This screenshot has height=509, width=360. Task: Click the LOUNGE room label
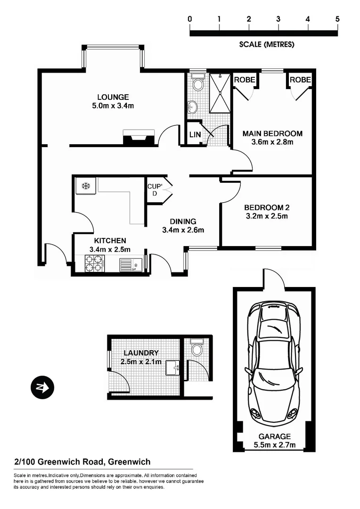tap(113, 97)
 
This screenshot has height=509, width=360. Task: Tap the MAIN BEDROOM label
tap(272, 133)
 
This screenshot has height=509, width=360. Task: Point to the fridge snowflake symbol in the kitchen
tap(86, 186)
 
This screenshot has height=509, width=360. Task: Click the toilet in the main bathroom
tap(198, 84)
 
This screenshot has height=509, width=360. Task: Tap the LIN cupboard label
tap(194, 134)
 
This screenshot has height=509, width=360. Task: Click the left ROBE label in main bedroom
tap(245, 80)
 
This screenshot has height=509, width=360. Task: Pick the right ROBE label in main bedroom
tap(300, 80)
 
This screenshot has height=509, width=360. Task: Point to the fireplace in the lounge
tap(139, 138)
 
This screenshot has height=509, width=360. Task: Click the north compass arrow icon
tap(42, 388)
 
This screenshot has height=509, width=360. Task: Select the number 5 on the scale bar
tap(337, 19)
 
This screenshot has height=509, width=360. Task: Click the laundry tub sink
tap(172, 368)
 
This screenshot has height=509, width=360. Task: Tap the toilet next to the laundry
tap(197, 349)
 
